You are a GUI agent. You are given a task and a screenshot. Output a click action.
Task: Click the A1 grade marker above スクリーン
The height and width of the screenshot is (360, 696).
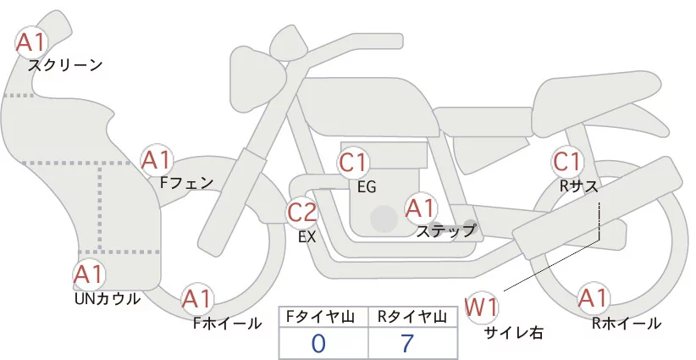coord(33,42)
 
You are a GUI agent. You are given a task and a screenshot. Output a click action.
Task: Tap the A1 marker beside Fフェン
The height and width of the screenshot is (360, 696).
coord(157,160)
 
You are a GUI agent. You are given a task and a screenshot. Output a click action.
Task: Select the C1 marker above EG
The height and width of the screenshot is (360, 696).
coord(353,163)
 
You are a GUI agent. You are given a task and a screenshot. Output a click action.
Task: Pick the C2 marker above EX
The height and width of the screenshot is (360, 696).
coord(302,213)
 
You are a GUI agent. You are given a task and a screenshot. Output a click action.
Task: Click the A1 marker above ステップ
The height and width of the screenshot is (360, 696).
coord(420,208)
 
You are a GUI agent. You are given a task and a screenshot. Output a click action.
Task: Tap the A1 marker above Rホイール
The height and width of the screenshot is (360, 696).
coord(593,298)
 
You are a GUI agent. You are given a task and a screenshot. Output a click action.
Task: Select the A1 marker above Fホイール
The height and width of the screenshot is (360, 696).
coord(198,298)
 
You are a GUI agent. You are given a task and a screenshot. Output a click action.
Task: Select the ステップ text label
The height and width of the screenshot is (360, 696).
coord(445,230)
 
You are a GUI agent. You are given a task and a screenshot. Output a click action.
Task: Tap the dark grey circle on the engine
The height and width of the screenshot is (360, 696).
coord(384,218)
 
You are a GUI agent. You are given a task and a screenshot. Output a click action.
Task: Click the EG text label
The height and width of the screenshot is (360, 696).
coord(367,186)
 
